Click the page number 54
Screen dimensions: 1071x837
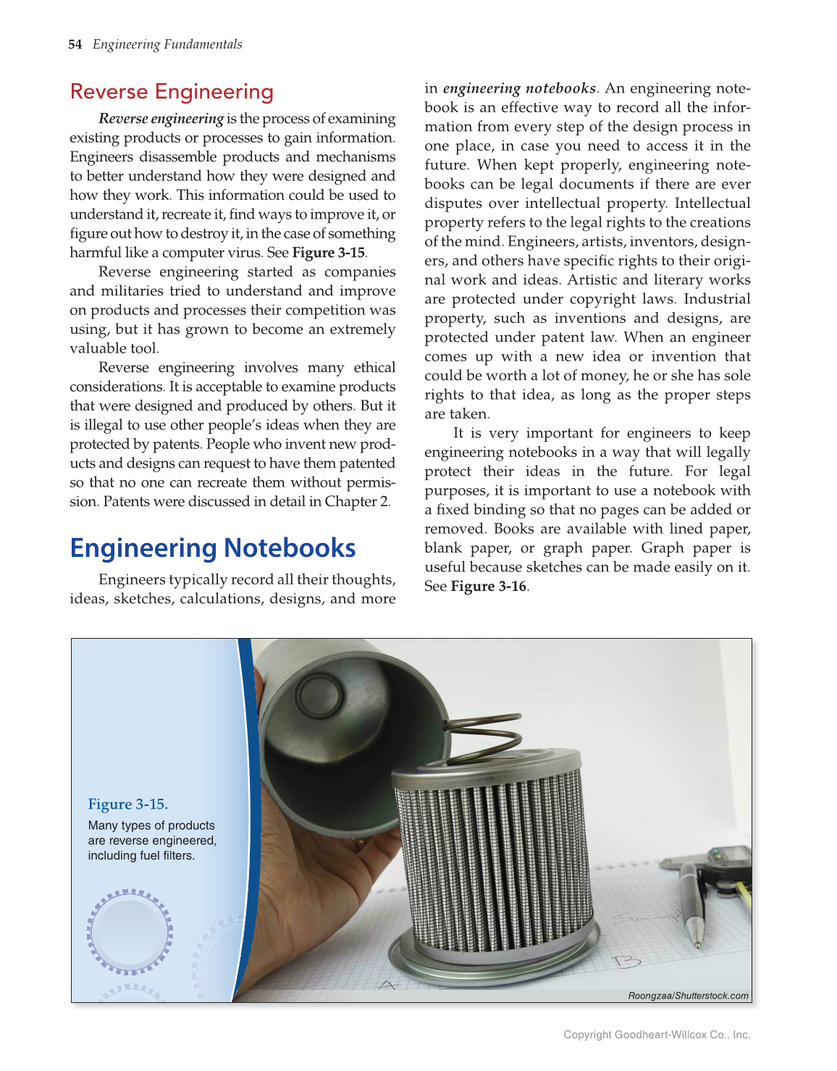(x=75, y=45)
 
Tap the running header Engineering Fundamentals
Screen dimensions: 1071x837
(x=167, y=45)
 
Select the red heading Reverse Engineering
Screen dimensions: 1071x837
(x=172, y=92)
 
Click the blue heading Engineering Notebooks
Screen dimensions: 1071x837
(x=213, y=548)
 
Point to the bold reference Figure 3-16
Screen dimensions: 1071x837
(x=489, y=587)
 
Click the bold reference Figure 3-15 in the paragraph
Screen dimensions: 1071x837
(x=329, y=253)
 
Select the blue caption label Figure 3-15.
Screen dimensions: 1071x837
(x=128, y=805)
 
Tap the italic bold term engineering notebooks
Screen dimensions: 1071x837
(x=519, y=88)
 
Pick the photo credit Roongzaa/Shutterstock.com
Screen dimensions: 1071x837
(x=688, y=996)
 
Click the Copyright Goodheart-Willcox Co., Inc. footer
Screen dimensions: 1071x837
(x=657, y=1035)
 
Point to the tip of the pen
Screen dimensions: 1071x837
(x=698, y=944)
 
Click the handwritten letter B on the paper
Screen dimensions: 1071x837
(x=627, y=962)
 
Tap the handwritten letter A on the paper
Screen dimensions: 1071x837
(x=388, y=986)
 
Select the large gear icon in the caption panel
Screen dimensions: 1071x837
(x=130, y=931)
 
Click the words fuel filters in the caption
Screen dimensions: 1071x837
(x=168, y=856)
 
